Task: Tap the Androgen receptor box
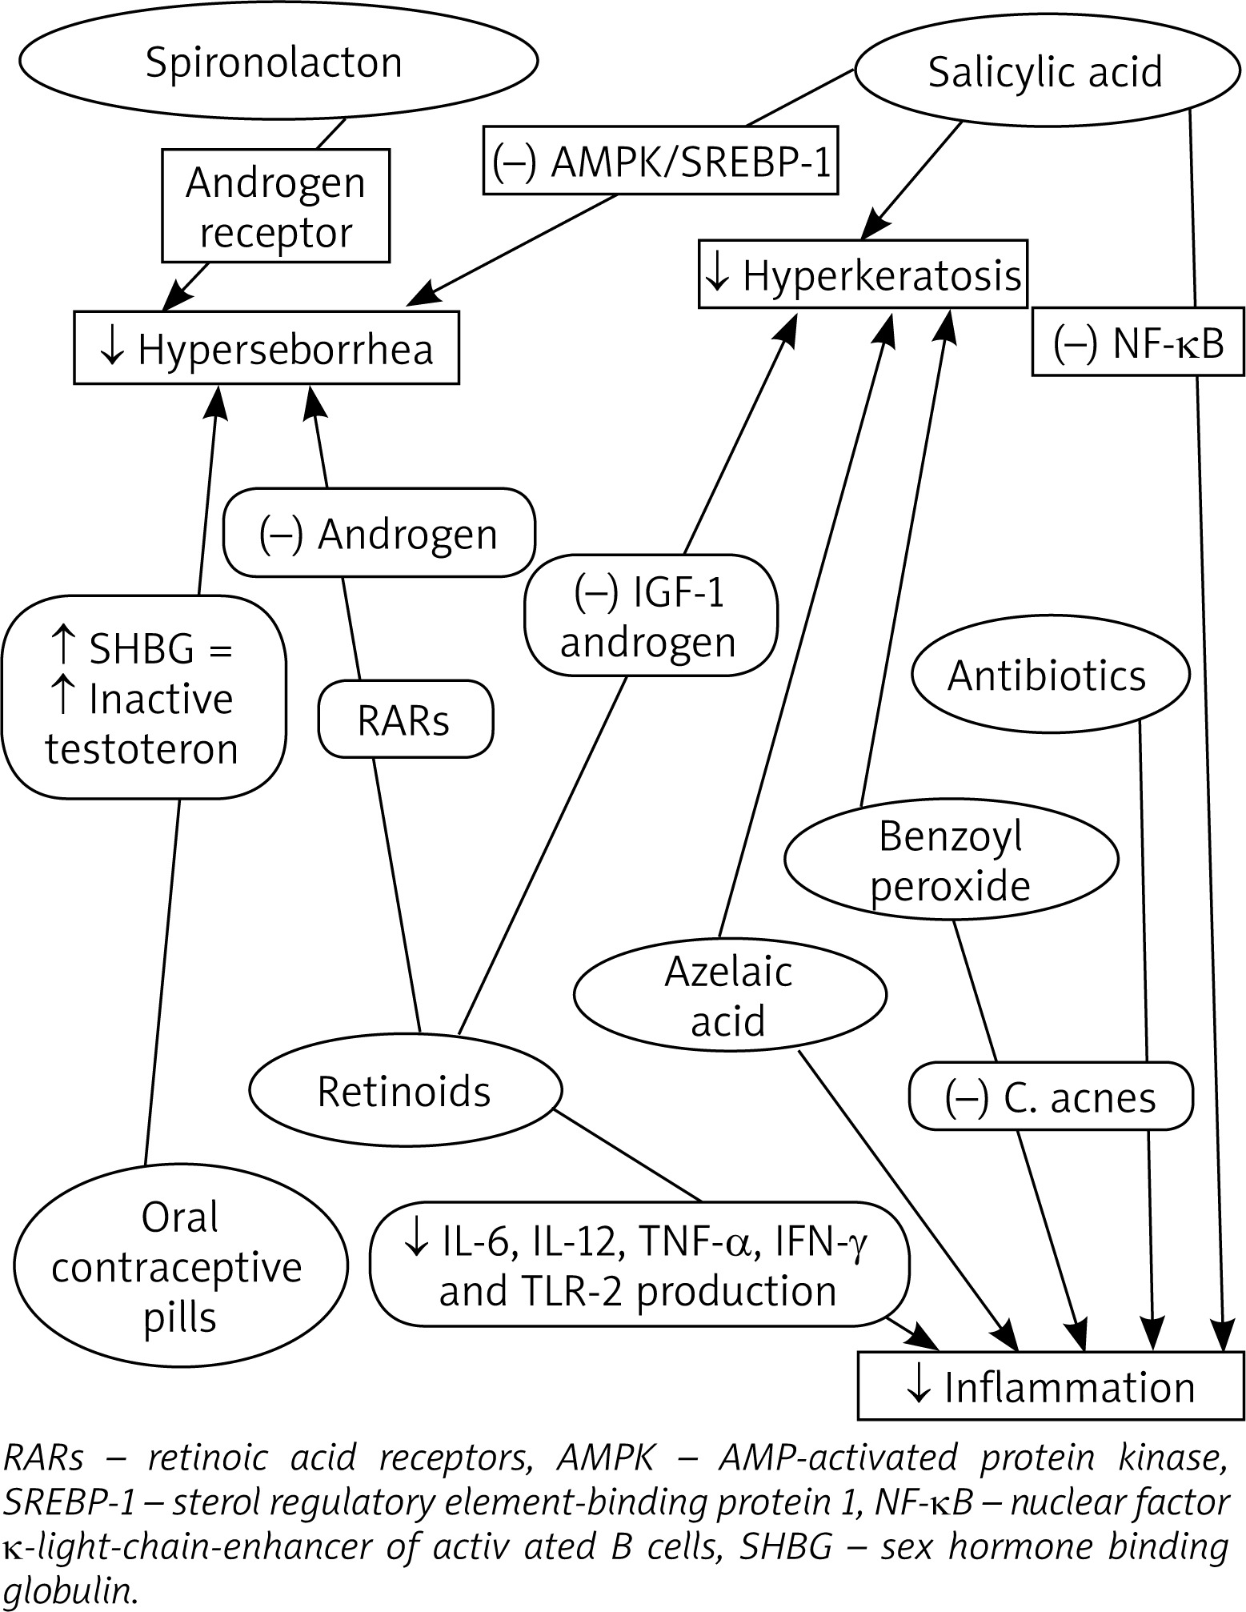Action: point(275,207)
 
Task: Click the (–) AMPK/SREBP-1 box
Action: point(660,160)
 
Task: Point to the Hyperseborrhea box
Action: point(266,349)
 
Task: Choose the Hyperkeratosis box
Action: point(862,275)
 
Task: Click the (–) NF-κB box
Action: point(1139,341)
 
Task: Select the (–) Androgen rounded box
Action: point(379,533)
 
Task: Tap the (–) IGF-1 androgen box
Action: point(650,617)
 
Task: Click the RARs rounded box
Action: point(405,719)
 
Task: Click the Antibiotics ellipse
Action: point(1049,675)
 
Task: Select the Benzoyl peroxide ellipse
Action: point(951,860)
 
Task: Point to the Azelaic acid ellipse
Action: point(729,995)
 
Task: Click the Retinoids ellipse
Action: point(405,1090)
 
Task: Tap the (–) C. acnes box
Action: point(1050,1097)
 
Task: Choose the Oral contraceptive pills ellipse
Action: point(179,1266)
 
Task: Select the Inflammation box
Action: point(1050,1386)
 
